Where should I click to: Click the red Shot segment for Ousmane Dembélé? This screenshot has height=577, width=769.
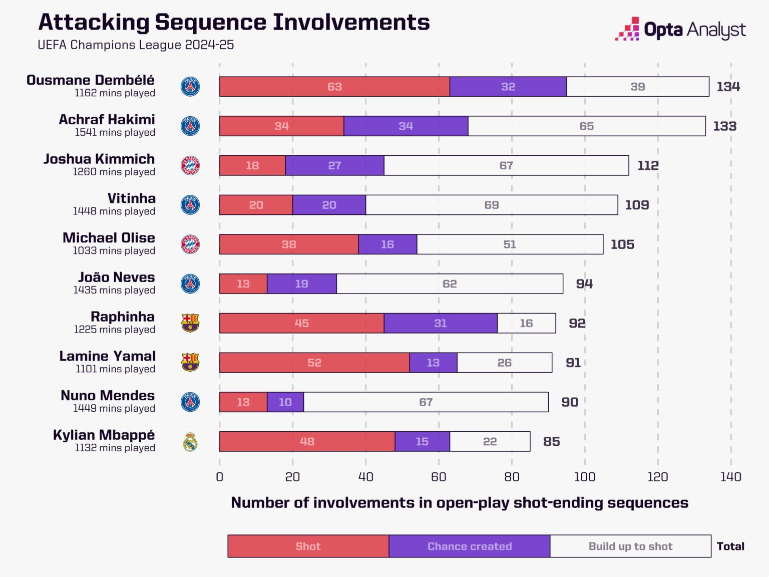pos(334,87)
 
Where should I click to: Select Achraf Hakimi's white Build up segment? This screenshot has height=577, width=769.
pos(587,126)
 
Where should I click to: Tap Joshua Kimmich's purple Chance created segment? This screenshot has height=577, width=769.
pos(334,165)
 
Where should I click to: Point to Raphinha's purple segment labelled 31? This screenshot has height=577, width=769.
pos(441,323)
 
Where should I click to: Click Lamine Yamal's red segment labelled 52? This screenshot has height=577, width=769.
pos(314,363)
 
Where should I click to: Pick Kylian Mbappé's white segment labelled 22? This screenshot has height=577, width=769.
pos(490,441)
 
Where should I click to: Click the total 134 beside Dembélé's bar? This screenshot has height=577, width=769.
pos(728,87)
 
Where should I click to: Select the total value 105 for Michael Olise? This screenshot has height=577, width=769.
pos(622,244)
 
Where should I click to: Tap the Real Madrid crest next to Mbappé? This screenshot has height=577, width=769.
pos(190,441)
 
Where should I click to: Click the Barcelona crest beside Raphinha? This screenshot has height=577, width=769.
pos(190,323)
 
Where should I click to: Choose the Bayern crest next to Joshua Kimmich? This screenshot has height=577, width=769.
pos(190,165)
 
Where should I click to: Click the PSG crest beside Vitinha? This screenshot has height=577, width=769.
pos(190,205)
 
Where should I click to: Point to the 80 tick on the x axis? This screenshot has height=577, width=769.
pos(512,477)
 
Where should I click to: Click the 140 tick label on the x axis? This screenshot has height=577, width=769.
pos(730,477)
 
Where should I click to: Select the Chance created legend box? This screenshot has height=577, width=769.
pos(470,546)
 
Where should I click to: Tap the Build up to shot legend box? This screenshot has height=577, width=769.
pos(631,546)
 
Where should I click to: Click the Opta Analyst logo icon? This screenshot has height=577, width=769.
pos(627,29)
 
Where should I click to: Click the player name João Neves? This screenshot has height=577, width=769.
pos(116,277)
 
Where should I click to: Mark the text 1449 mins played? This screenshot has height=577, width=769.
pos(114,408)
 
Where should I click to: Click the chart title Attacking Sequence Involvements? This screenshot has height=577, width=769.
pos(234,23)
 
